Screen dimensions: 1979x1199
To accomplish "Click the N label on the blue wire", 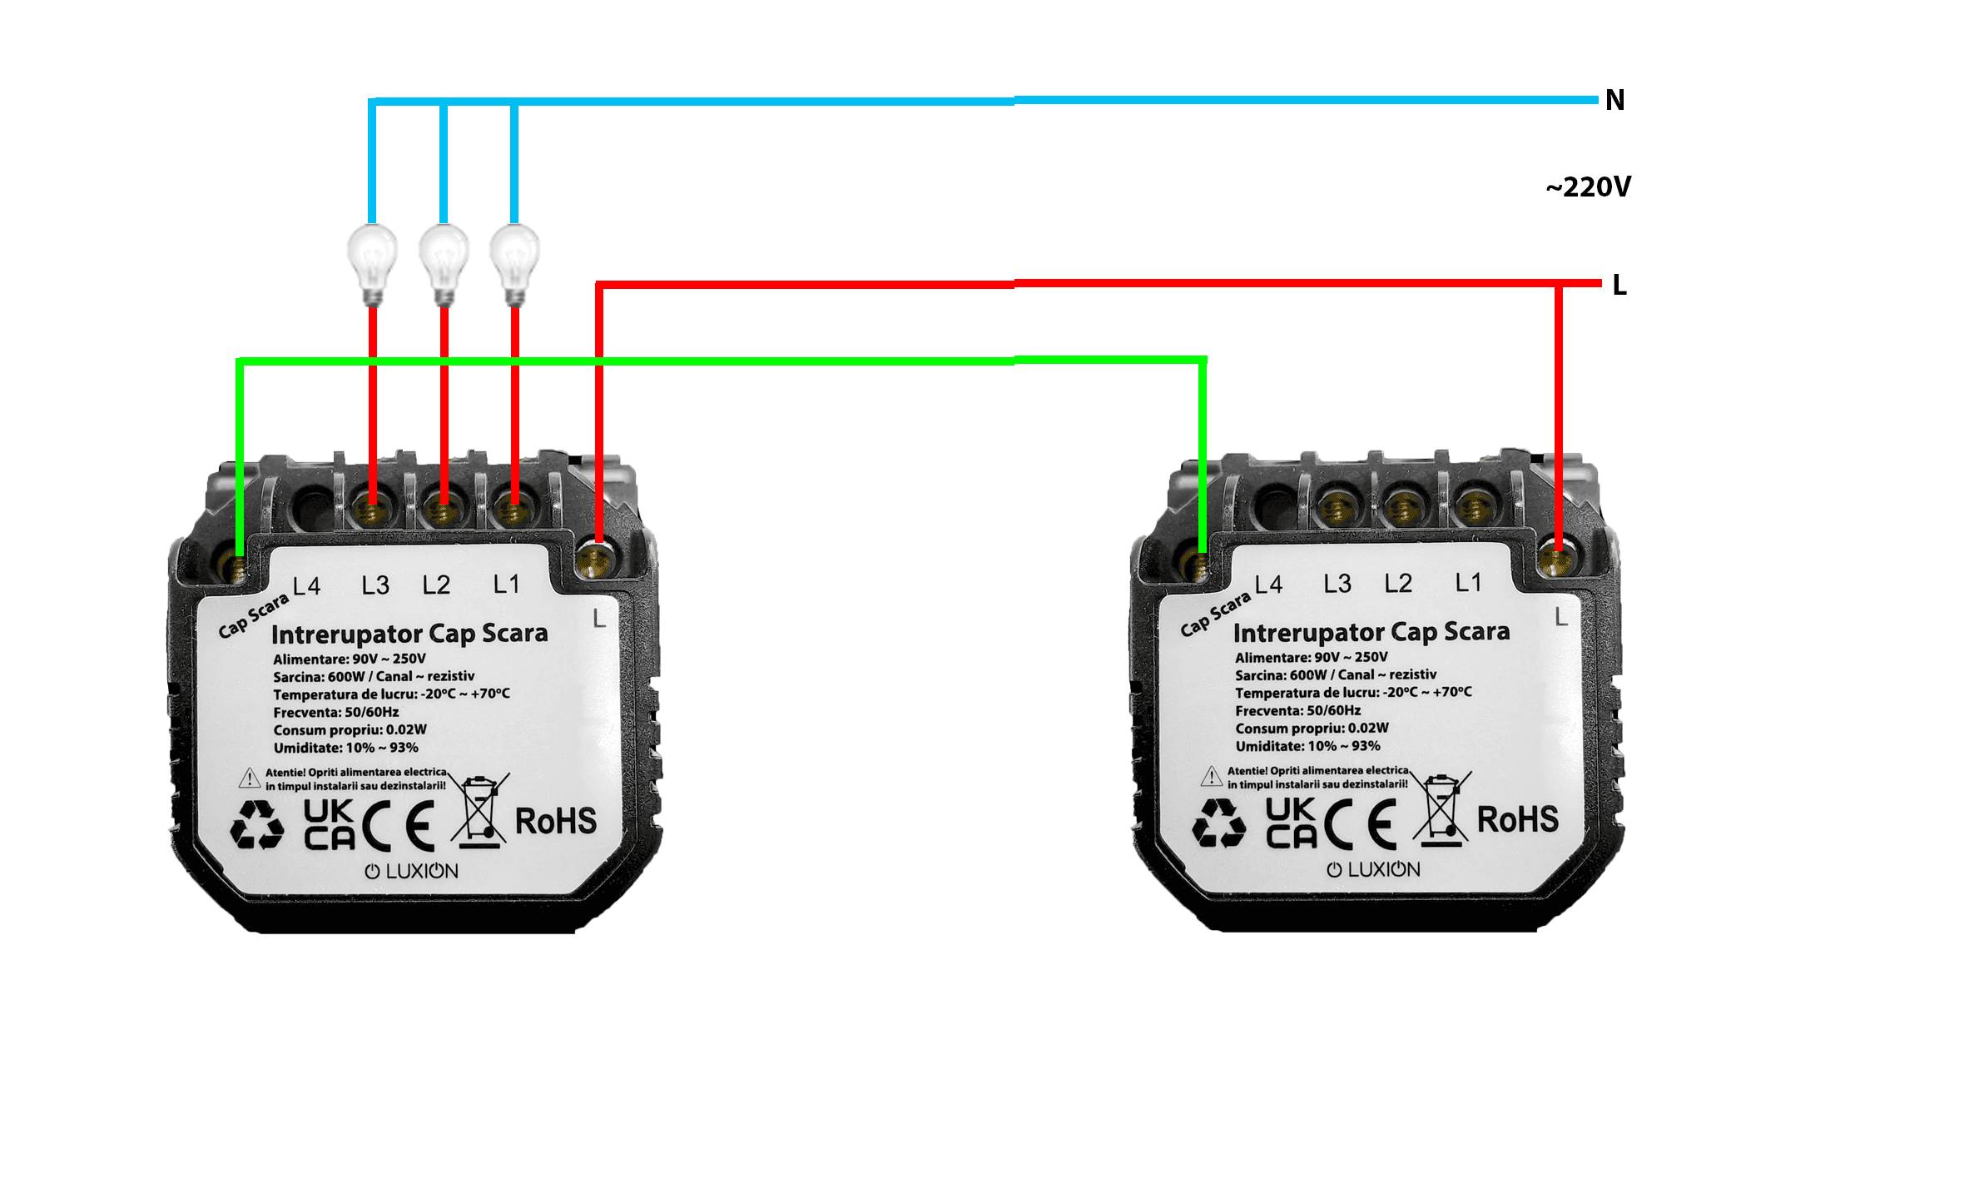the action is (1614, 100).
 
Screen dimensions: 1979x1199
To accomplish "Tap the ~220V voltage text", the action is (1588, 187).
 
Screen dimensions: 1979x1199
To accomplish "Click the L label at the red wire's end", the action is (1619, 285).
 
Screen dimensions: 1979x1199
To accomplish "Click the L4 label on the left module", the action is (306, 586).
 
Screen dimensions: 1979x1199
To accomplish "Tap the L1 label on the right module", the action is (1468, 582).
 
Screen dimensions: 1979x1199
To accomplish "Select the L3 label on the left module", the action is (375, 585).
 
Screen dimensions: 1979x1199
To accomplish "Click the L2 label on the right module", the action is (1398, 583).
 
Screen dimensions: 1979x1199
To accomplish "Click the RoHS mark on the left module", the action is (556, 821).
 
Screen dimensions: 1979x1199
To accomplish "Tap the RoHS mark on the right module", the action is (1518, 819).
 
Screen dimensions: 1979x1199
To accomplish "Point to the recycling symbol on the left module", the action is (257, 825).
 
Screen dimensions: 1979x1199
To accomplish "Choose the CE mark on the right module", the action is (1361, 823).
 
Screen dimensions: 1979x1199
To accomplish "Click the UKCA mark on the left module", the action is (330, 824).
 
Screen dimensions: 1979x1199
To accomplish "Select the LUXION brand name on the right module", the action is (1373, 869).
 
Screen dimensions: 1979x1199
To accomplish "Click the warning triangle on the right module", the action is (1212, 776).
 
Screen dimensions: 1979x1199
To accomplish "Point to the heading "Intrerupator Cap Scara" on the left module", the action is (409, 634).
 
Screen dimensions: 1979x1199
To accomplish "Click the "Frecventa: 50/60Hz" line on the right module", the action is (1298, 710).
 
